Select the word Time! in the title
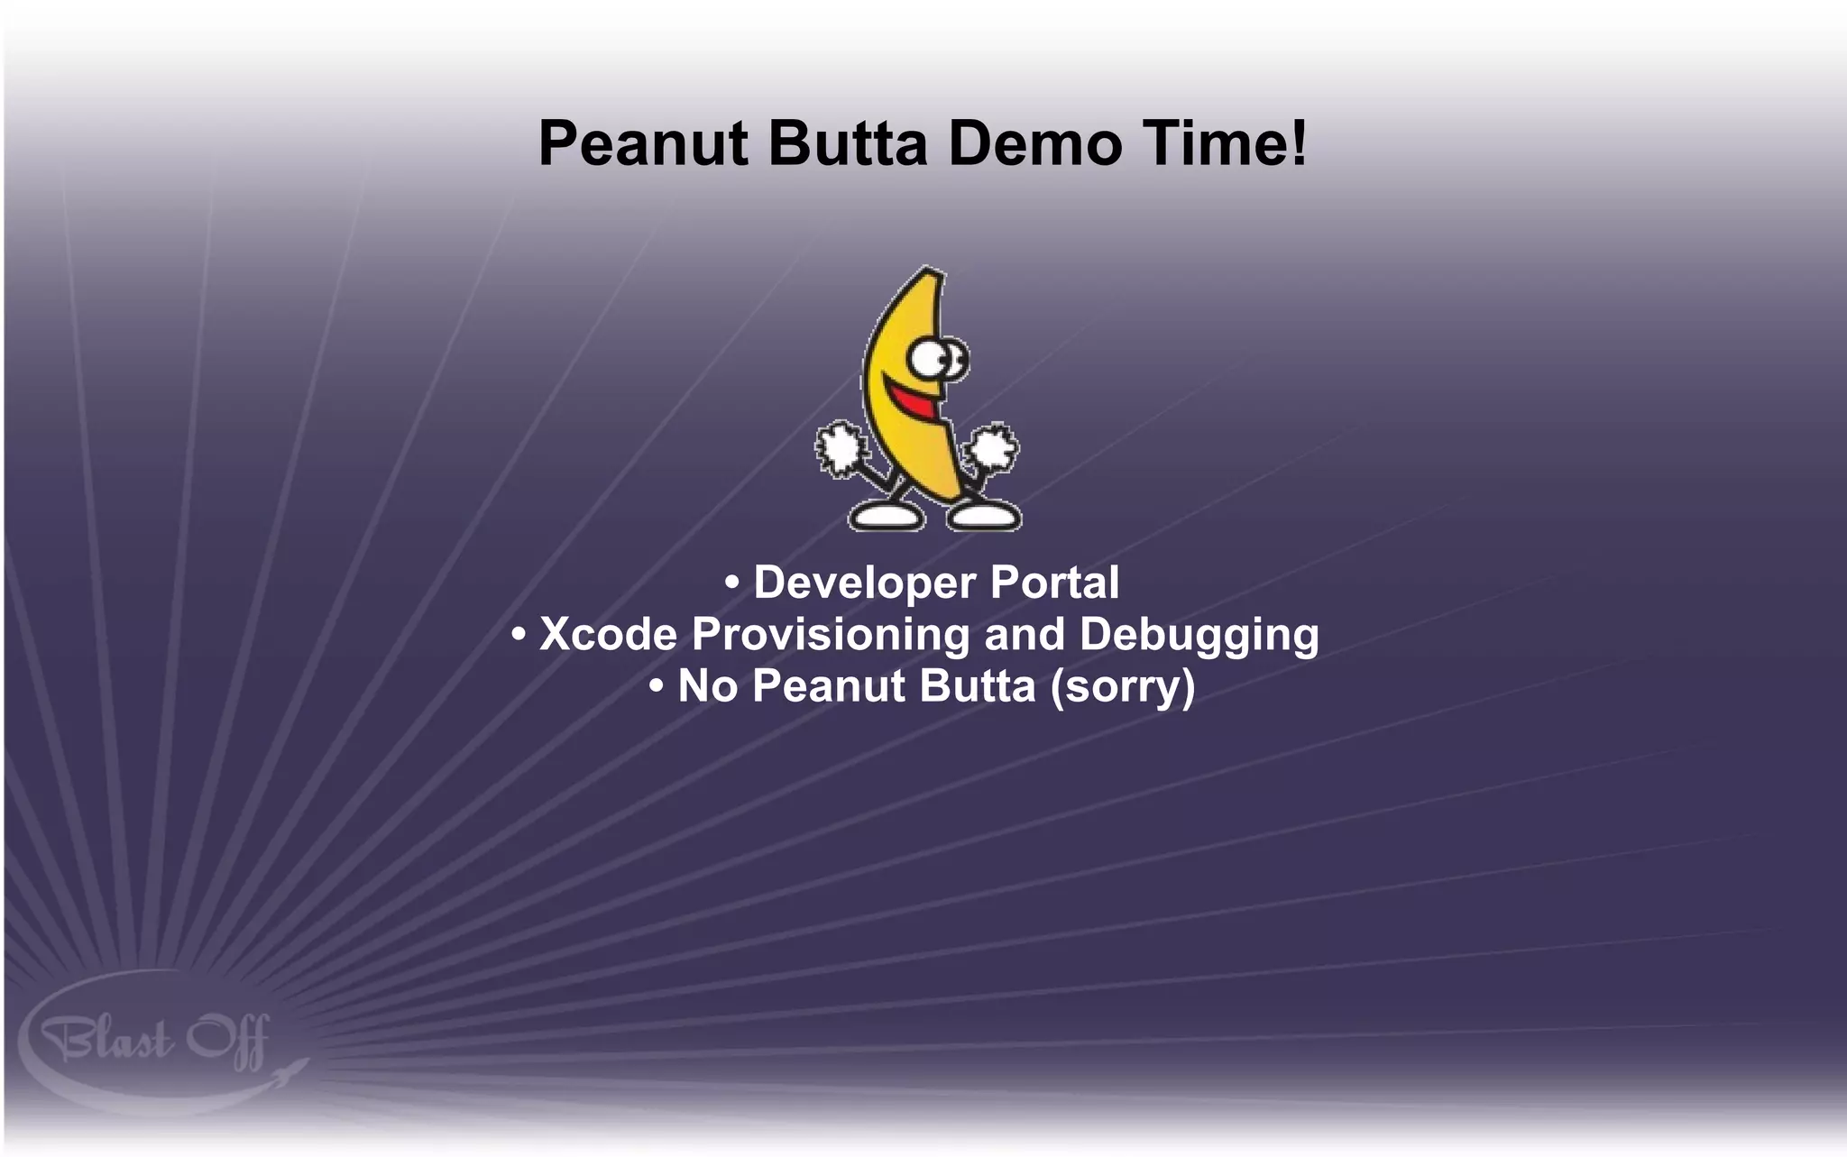tap(1211, 144)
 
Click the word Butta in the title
tap(848, 144)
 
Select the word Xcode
tap(608, 634)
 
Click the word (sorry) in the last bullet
tap(1123, 686)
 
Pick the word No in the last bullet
tap(707, 686)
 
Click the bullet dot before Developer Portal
tap(732, 583)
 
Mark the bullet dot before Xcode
tap(519, 634)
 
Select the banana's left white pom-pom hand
tap(841, 447)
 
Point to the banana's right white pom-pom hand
tap(993, 448)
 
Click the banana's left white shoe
tap(886, 517)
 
